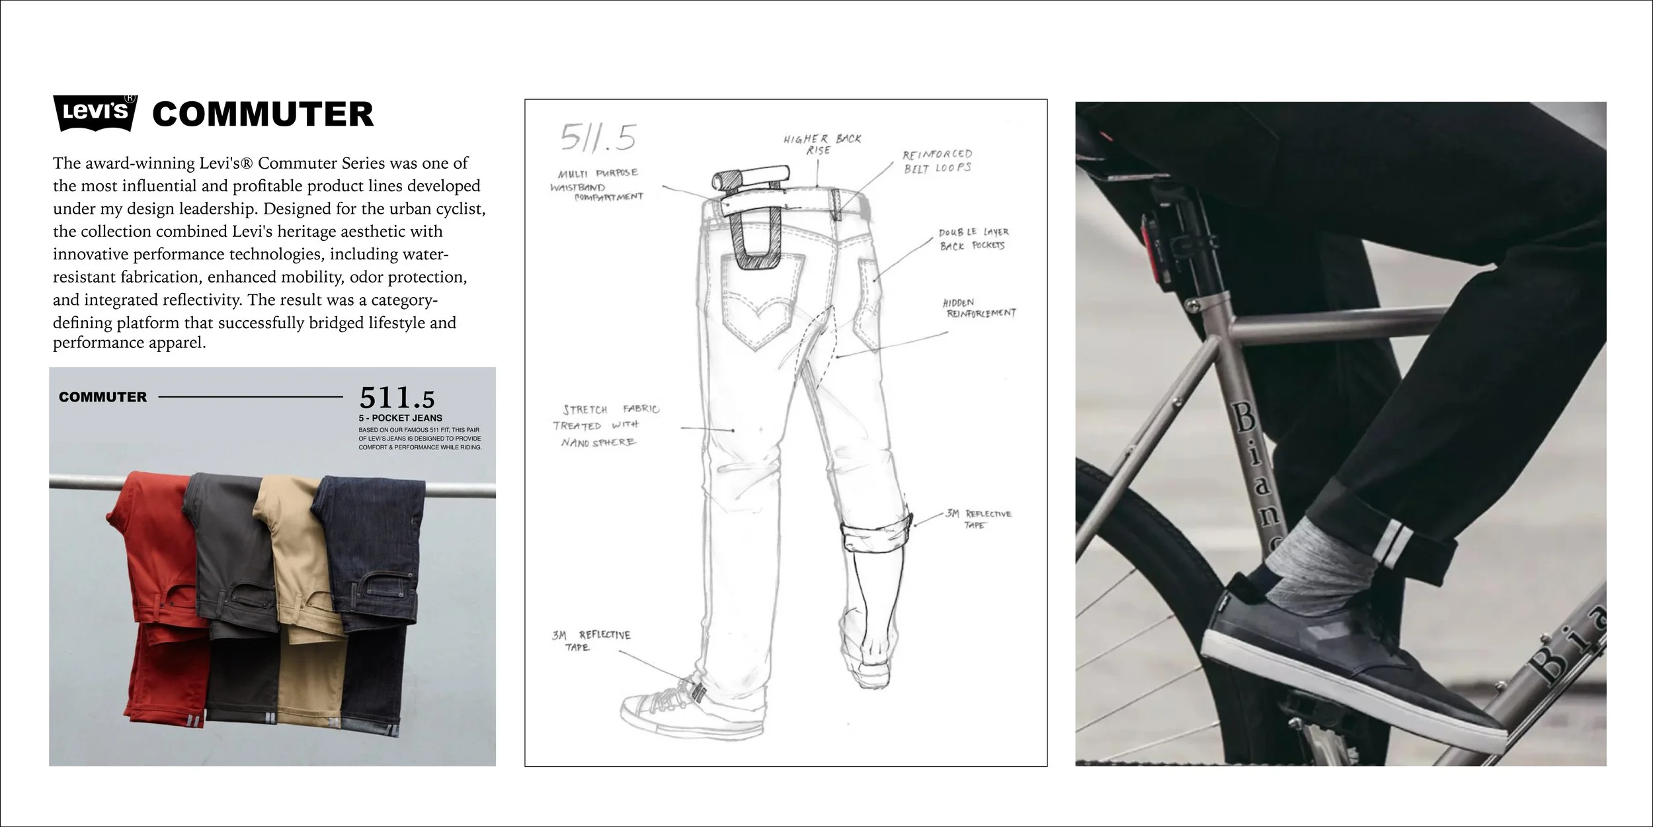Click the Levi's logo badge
(95, 112)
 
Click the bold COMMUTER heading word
(262, 114)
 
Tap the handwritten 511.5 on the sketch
(598, 138)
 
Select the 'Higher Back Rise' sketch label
(822, 144)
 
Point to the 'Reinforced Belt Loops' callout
(938, 161)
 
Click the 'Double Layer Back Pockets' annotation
(974, 239)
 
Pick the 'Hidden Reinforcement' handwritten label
(979, 308)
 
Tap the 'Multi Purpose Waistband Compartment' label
(597, 185)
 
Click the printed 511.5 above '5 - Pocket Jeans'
(397, 398)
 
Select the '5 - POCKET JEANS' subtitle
(401, 418)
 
